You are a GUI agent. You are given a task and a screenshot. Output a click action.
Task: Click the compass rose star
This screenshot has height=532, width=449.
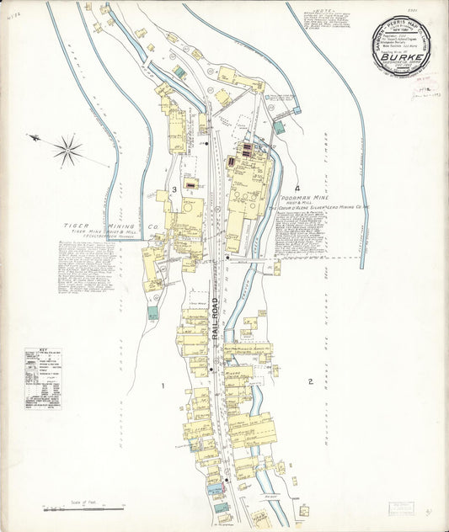(67, 151)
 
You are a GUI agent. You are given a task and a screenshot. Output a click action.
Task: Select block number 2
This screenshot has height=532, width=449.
(311, 382)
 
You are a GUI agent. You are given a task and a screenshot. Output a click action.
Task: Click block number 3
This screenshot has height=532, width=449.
(174, 190)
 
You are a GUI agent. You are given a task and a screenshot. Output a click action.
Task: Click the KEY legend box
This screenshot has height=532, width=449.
(42, 379)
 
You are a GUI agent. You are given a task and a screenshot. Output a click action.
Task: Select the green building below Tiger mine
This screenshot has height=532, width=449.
(152, 313)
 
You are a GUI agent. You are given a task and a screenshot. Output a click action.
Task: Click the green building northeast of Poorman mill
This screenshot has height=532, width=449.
(279, 127)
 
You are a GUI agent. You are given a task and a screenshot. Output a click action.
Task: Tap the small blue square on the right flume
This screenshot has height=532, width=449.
(297, 110)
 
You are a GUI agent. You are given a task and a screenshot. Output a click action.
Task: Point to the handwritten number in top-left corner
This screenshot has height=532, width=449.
(12, 15)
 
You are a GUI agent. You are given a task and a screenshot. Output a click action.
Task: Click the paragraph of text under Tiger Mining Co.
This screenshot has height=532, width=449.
(82, 269)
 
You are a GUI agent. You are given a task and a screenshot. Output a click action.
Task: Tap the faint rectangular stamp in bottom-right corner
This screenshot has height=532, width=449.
(403, 509)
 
